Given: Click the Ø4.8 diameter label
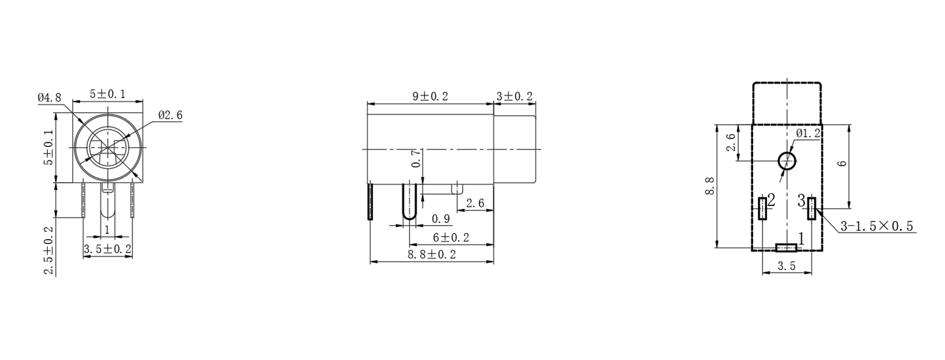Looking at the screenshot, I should pyautogui.click(x=49, y=98).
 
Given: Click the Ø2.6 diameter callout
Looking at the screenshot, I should pyautogui.click(x=170, y=116).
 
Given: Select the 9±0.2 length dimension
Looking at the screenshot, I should pyautogui.click(x=430, y=97).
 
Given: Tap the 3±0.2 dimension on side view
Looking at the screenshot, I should pyautogui.click(x=514, y=97).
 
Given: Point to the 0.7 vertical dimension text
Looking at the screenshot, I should pyautogui.click(x=417, y=158).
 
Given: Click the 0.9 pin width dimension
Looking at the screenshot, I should pyautogui.click(x=441, y=219).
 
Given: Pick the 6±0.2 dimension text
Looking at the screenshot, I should pyautogui.click(x=451, y=238).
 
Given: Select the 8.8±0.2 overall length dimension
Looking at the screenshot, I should pyautogui.click(x=432, y=255).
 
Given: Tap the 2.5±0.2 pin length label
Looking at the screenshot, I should pyautogui.click(x=49, y=250).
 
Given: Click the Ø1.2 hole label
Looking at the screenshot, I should pyautogui.click(x=808, y=134).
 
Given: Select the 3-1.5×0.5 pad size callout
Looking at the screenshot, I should pyautogui.click(x=877, y=226).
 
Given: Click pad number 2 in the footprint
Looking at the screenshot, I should pyautogui.click(x=762, y=208).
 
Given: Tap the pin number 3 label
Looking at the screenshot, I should pyautogui.click(x=801, y=201).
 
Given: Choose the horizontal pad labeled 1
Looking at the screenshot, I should pyautogui.click(x=786, y=247).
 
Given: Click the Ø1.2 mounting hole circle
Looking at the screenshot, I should pyautogui.click(x=787, y=161).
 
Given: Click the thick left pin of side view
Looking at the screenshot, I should pyautogui.click(x=370, y=201).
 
